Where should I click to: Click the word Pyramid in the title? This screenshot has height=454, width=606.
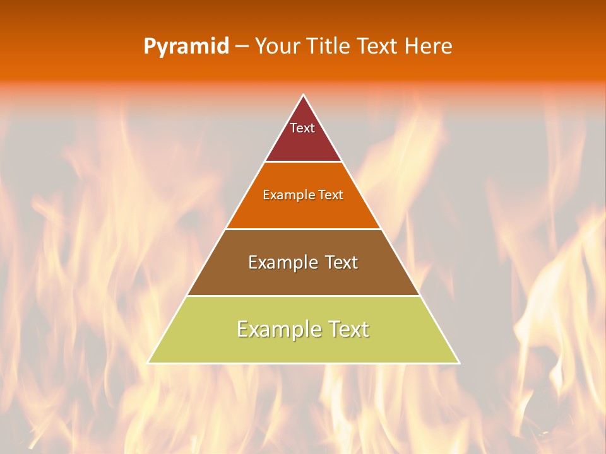point(186,47)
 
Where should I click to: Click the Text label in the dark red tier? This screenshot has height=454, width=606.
point(302,128)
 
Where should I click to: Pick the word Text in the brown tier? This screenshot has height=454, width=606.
point(342,262)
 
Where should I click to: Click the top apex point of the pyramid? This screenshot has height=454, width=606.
point(303,95)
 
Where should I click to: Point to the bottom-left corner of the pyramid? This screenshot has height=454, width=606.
point(148,363)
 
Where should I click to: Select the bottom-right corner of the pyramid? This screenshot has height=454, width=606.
point(458,363)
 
